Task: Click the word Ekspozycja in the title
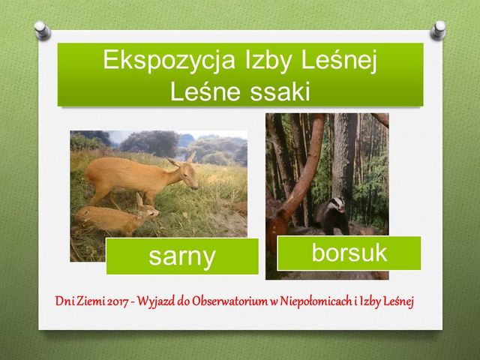pyautogui.click(x=169, y=60)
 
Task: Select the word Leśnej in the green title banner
pyautogui.click(x=339, y=60)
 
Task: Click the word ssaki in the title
pyautogui.click(x=280, y=91)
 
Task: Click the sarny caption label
pyautogui.click(x=182, y=256)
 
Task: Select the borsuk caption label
pyautogui.click(x=349, y=253)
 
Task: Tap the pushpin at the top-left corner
pyautogui.click(x=42, y=30)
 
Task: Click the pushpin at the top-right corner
pyautogui.click(x=438, y=30)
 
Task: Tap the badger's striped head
pyautogui.click(x=337, y=204)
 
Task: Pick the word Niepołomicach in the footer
pyautogui.click(x=316, y=301)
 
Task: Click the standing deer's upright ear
pyautogui.click(x=191, y=157)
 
